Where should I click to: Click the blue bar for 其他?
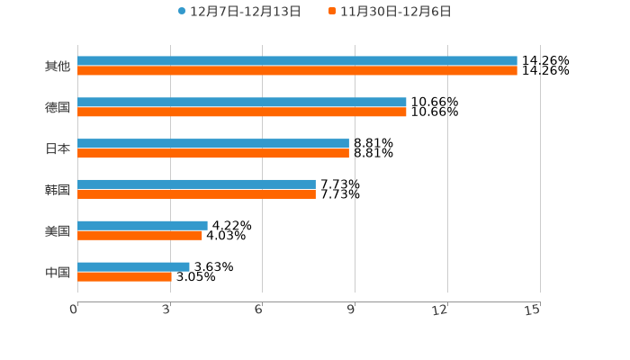(297, 61)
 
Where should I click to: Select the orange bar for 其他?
(297, 71)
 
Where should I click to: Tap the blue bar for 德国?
(242, 103)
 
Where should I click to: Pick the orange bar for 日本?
(213, 154)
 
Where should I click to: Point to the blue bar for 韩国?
(196, 184)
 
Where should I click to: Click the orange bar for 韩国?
(196, 194)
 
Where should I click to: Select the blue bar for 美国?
(142, 226)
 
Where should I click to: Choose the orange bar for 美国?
(139, 236)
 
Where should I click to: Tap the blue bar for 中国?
(133, 266)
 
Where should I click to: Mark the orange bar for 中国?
(124, 277)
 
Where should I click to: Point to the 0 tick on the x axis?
(75, 310)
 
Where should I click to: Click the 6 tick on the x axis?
(258, 310)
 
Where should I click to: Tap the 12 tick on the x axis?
(440, 310)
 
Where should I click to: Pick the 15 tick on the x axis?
(533, 310)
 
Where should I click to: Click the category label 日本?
(58, 148)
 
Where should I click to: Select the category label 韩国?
(58, 190)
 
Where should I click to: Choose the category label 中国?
(58, 272)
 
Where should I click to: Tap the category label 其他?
(58, 67)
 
